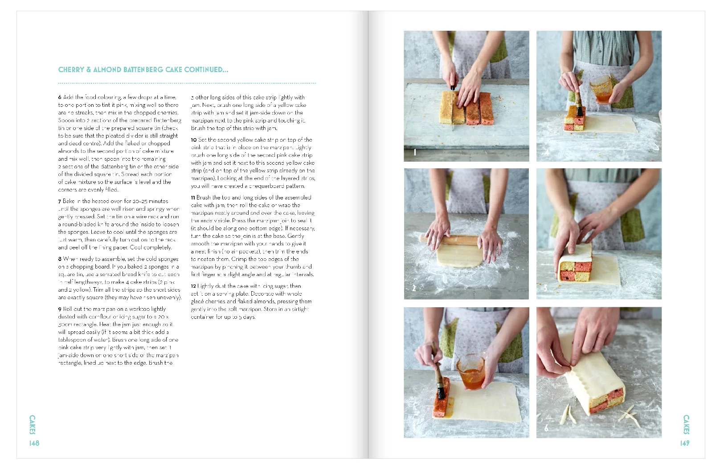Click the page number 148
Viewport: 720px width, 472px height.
34,443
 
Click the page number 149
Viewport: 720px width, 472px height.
685,443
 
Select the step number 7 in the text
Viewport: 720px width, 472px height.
60,201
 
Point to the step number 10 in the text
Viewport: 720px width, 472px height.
194,140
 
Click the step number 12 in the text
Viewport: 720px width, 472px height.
193,286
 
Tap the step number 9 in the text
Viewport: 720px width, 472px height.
60,309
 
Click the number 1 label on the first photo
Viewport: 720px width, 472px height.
415,152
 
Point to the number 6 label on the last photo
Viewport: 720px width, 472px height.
547,428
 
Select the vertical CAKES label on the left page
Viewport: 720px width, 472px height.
32,425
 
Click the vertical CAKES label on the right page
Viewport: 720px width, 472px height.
686,425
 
